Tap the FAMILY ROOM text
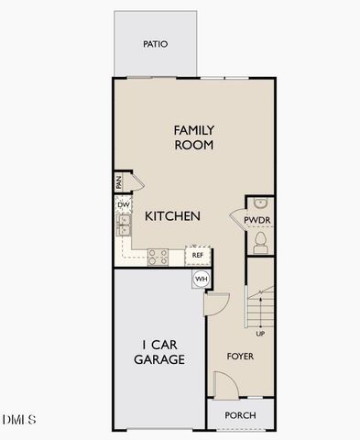[193, 137]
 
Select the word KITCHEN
[172, 216]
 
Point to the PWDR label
[259, 220]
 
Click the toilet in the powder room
[259, 240]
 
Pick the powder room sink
[259, 203]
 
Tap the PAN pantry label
[119, 182]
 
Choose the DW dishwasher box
[122, 205]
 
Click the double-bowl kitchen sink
[123, 225]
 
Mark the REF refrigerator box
[197, 255]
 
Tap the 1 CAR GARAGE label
[158, 352]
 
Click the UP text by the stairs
[260, 334]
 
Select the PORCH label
[241, 415]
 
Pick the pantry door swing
[134, 182]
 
